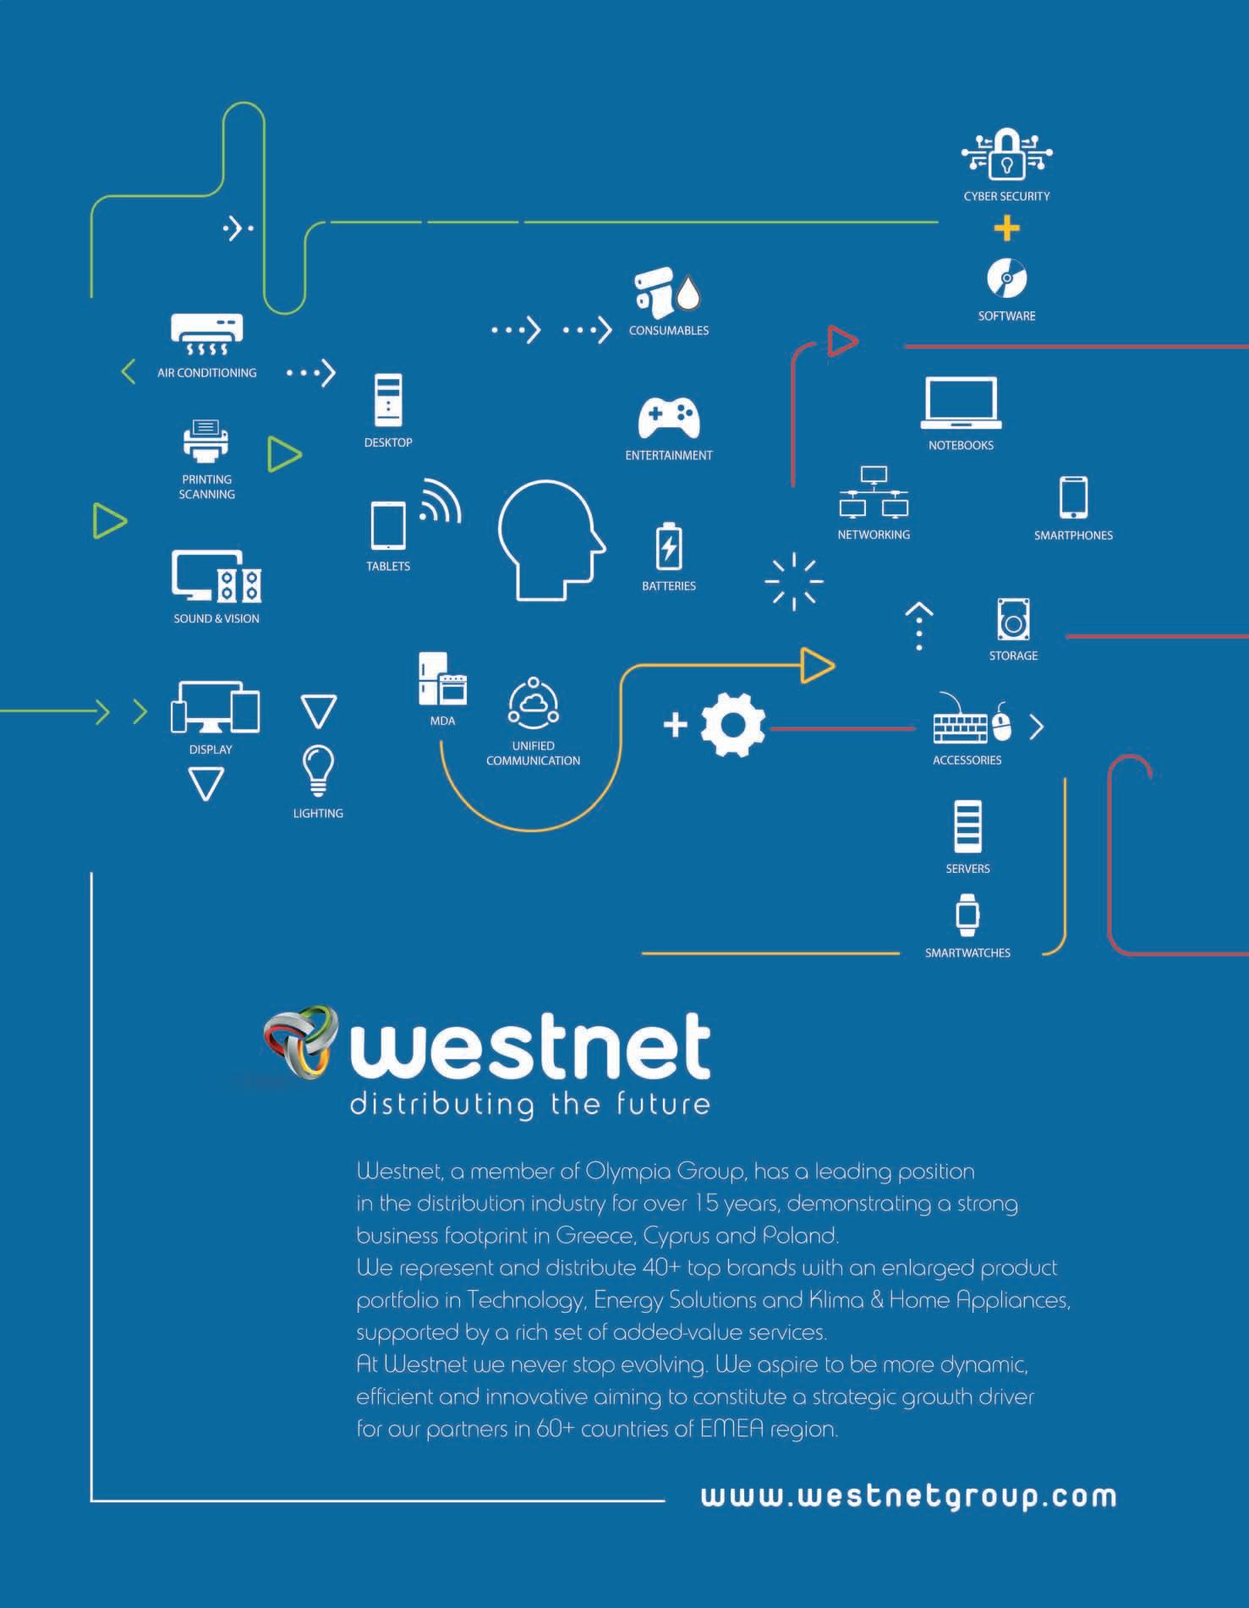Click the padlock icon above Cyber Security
point(1006,154)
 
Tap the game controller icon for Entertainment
point(668,418)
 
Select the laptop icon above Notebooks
point(961,403)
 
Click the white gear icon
point(732,724)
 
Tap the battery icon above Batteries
point(669,546)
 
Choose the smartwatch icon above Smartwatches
point(967,915)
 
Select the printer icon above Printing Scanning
point(206,441)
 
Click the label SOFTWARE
point(1006,316)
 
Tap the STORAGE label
point(1013,656)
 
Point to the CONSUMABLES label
point(669,331)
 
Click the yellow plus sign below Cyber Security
point(1006,228)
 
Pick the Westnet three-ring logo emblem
point(299,1042)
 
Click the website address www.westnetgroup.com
point(908,1496)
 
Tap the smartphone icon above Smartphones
point(1073,497)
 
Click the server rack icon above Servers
point(967,826)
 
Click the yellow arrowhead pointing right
point(817,665)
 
